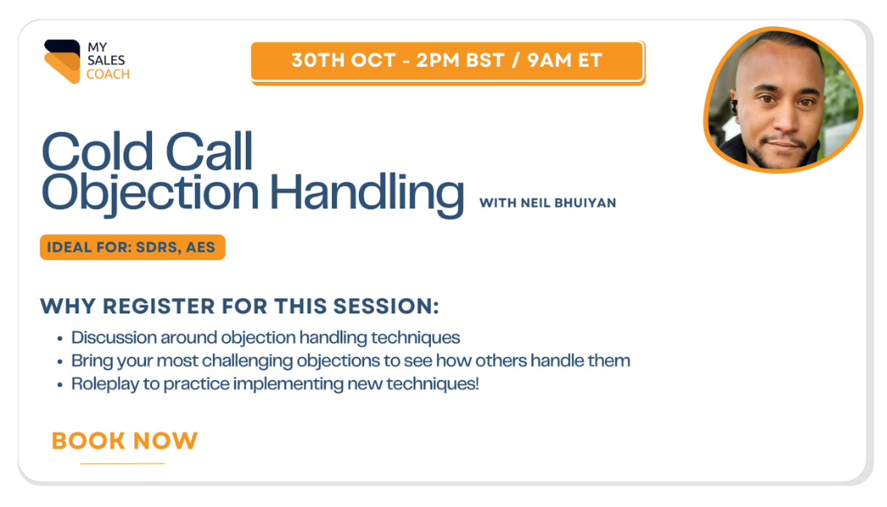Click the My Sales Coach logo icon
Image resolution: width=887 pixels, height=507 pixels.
tap(63, 61)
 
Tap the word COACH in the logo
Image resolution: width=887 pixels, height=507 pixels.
tap(108, 74)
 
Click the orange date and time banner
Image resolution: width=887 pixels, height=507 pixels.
tap(448, 61)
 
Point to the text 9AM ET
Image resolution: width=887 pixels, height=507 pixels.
tap(564, 60)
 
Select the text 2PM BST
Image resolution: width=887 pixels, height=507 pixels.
tap(460, 60)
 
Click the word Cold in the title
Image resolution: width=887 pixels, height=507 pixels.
tap(97, 151)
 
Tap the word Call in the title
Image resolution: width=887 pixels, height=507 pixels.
tap(209, 151)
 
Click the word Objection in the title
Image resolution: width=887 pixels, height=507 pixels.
tap(150, 193)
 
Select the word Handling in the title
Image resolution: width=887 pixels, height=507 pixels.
tap(367, 193)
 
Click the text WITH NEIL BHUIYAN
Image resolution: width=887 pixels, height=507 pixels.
tap(547, 203)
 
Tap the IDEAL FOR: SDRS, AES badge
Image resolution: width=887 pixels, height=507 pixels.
tap(133, 248)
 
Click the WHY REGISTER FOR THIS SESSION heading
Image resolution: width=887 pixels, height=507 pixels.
tap(239, 306)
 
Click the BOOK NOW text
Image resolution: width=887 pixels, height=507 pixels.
tap(124, 441)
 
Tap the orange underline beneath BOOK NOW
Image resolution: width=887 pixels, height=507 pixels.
tap(122, 463)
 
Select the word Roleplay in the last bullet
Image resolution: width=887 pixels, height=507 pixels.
tap(106, 384)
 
